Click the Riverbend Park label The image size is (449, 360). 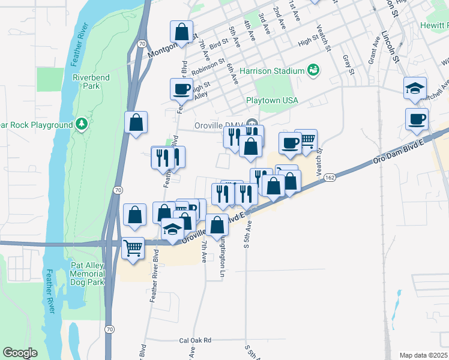coord(86,82)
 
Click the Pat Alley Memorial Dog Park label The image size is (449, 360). coord(86,274)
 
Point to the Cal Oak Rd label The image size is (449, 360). coord(196,340)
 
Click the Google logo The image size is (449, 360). coord(20,353)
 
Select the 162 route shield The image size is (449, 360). coord(330,178)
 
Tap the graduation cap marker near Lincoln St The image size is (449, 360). coord(415,88)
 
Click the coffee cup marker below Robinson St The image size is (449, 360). coord(181,89)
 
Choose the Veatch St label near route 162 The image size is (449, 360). coord(318,157)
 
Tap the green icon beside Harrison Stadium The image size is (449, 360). coord(313,71)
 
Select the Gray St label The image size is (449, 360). coord(348,65)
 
